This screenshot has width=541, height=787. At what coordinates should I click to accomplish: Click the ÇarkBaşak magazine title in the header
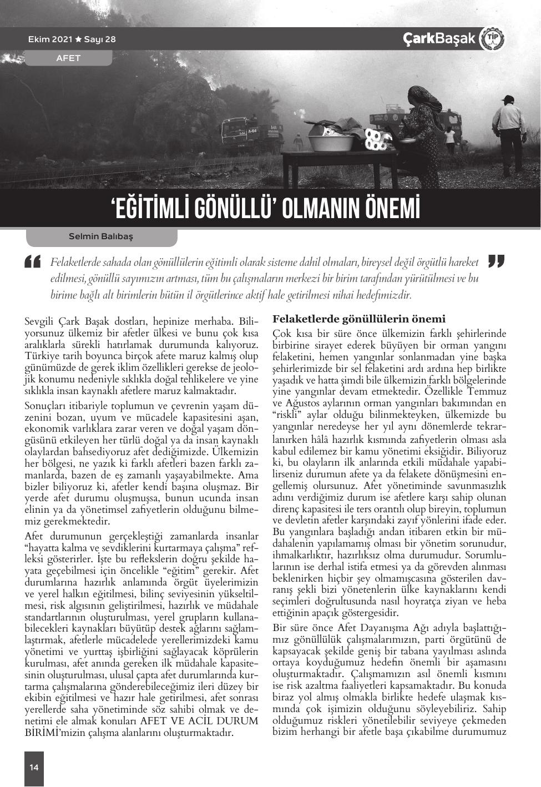click(x=439, y=39)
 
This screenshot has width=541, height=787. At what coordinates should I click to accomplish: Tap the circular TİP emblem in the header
click(x=492, y=39)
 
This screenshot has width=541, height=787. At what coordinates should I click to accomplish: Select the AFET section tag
click(x=68, y=58)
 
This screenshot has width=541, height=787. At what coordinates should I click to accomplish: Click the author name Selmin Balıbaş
click(x=100, y=236)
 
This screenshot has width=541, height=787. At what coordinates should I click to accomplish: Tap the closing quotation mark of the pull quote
click(x=496, y=261)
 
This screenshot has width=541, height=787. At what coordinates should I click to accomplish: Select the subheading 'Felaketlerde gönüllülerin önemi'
click(x=358, y=319)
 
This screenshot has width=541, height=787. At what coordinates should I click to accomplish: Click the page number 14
click(x=34, y=768)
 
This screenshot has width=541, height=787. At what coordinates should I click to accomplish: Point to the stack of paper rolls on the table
click(x=376, y=140)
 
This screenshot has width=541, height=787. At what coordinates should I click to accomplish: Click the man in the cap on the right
click(x=508, y=133)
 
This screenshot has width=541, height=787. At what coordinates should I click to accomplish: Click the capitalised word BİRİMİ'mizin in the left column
click(x=50, y=733)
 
